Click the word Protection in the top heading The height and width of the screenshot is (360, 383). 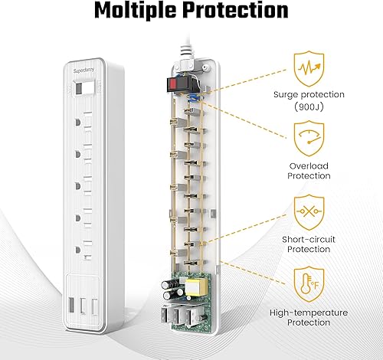click(243, 13)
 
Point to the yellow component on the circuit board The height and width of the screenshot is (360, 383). click(194, 290)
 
